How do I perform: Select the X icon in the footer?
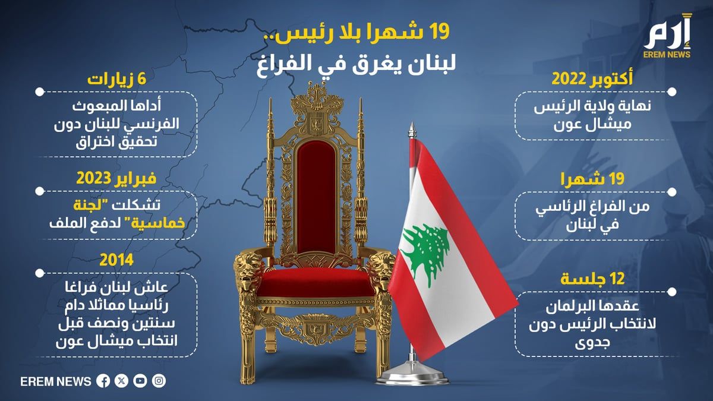click(x=121, y=381)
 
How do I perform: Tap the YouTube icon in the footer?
click(x=140, y=381)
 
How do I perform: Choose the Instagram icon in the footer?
click(x=159, y=381)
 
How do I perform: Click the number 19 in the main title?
click(x=439, y=33)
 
